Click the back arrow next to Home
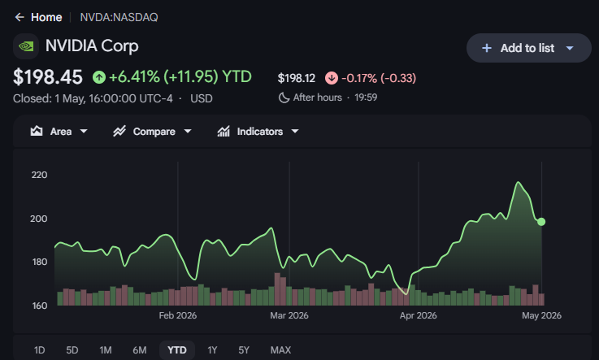[x=20, y=17]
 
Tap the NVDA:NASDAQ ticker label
[x=119, y=17]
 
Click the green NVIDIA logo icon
[x=26, y=46]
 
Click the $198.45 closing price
[x=48, y=76]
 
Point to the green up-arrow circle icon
[x=99, y=77]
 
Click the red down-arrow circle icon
[x=332, y=78]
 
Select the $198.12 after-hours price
[x=297, y=78]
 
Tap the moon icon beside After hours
[x=284, y=98]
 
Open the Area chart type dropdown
[x=59, y=132]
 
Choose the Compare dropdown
[x=152, y=132]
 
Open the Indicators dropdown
[x=258, y=132]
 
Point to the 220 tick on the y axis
[x=39, y=175]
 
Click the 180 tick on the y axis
[x=40, y=262]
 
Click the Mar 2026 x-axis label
[x=289, y=315]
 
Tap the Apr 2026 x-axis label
[x=419, y=315]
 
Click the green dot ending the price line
[x=541, y=221]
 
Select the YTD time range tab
[x=177, y=349]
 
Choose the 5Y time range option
[x=244, y=349]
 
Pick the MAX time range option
[x=280, y=349]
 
